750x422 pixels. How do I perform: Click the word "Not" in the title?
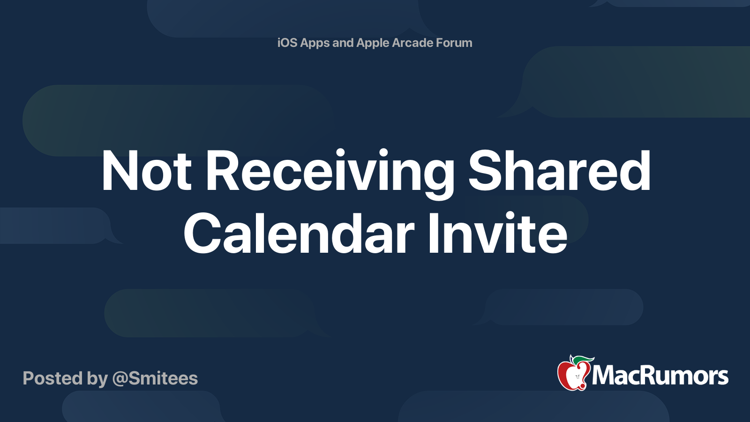(x=146, y=171)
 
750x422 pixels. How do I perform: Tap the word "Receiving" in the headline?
(x=330, y=174)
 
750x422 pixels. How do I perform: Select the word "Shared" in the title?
(x=559, y=170)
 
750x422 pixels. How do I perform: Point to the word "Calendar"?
(x=299, y=233)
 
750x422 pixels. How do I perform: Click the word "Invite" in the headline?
(x=497, y=233)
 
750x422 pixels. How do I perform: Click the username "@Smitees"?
(x=155, y=378)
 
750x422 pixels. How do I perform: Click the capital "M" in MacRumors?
(x=604, y=376)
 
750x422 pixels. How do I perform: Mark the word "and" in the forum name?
(x=343, y=43)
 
